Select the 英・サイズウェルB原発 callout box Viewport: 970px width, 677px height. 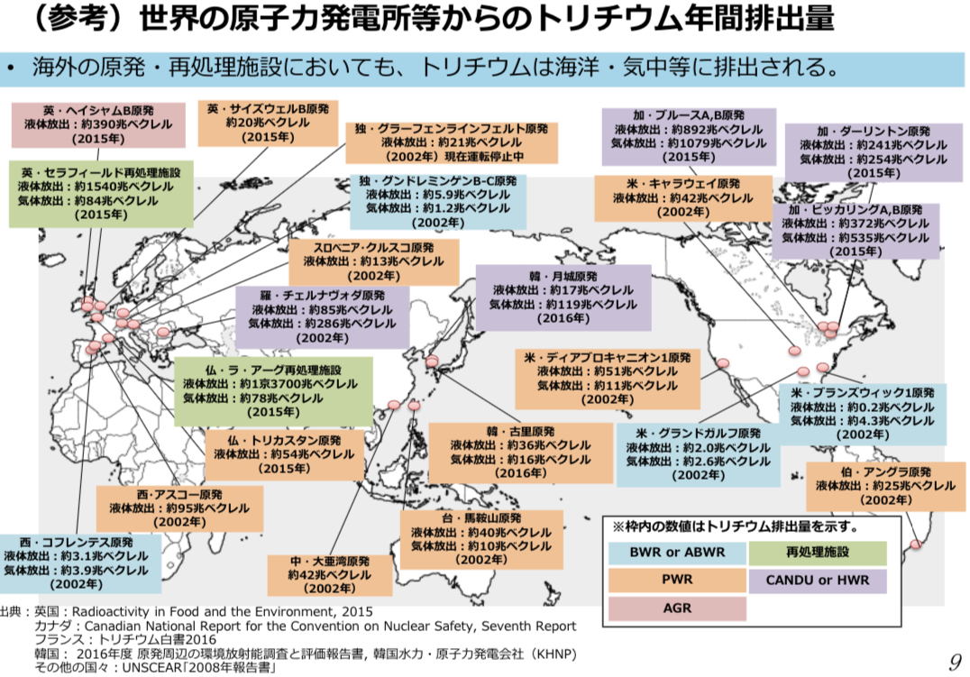[268, 123]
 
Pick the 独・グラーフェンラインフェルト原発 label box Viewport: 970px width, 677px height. [451, 142]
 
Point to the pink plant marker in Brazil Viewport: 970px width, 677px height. [917, 544]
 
